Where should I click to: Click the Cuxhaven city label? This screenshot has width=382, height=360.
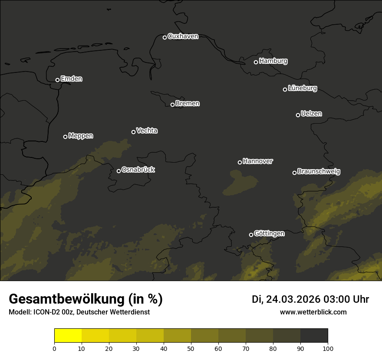(183, 36)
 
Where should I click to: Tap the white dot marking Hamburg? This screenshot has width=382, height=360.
(256, 62)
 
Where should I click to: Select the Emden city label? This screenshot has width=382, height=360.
(71, 79)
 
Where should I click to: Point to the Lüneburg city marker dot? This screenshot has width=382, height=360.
(285, 89)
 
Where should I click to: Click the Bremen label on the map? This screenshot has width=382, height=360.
(188, 104)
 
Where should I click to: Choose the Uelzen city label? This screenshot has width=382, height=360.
(311, 114)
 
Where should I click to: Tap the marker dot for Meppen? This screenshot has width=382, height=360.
(66, 137)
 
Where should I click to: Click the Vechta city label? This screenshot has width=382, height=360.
(147, 131)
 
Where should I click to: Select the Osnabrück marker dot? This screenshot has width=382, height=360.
(119, 171)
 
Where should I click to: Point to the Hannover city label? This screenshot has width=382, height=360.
(258, 161)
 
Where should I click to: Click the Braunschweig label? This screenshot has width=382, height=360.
(319, 171)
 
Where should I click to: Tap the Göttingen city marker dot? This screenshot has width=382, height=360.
(251, 235)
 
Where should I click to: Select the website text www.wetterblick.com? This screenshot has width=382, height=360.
(313, 312)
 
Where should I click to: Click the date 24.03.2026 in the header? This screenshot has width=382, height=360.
(293, 299)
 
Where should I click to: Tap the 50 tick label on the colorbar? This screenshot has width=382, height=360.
(191, 348)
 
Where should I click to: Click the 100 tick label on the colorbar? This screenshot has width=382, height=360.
(328, 348)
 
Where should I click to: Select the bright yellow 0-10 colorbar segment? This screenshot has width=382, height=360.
(68, 336)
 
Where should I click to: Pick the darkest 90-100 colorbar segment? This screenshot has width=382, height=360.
(314, 336)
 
